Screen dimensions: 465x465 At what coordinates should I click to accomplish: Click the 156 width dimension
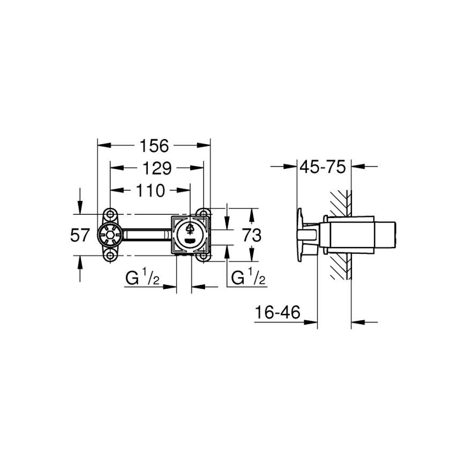point(154,145)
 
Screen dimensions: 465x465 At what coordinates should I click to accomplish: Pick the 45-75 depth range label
point(322,167)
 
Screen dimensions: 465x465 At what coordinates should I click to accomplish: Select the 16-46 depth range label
point(277,312)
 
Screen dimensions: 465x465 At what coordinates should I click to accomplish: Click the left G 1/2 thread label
point(142,278)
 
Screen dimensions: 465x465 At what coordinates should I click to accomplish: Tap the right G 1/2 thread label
point(248,278)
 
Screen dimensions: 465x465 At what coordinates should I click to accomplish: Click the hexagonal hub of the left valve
point(109,235)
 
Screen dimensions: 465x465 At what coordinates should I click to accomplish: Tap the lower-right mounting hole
point(203,256)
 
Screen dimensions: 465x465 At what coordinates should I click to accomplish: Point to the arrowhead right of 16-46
point(311,322)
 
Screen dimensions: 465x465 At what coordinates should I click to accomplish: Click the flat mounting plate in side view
point(299,235)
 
